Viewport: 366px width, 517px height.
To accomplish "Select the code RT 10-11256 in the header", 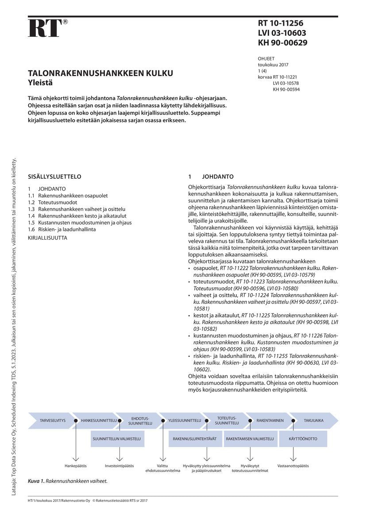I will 281,24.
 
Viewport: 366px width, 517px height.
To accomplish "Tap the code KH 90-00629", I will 282,43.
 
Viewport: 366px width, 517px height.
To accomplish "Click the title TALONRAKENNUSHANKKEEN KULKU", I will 100,73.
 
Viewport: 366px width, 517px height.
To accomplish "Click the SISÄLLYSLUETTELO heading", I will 54,176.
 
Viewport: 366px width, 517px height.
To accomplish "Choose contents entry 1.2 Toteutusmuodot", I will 52,202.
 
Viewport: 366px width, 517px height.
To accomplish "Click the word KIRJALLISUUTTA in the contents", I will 47,237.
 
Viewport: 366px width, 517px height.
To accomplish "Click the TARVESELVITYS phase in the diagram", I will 53,420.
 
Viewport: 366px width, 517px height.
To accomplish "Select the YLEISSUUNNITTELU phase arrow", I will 185,420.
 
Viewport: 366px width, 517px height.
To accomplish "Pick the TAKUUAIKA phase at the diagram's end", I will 313,420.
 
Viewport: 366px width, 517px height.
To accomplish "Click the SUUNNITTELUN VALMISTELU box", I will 117,439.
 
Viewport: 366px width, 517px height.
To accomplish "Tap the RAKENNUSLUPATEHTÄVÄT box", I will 195,439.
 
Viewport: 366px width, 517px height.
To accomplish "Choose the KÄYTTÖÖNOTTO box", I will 303,439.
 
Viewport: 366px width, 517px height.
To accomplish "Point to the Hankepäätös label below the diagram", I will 75,466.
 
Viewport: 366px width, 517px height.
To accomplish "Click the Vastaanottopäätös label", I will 293,466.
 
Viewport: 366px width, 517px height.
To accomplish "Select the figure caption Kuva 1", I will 68,480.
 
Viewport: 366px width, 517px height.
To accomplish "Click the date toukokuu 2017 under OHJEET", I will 273,65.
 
